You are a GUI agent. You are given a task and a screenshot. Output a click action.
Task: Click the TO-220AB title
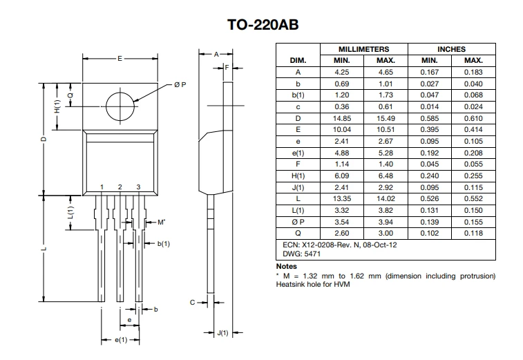pyautogui.click(x=263, y=25)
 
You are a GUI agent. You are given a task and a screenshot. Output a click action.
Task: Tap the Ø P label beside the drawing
pyautogui.click(x=180, y=85)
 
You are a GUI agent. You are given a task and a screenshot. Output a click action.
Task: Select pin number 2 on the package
pyautogui.click(x=120, y=187)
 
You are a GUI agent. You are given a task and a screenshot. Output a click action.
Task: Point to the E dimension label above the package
pyautogui.click(x=120, y=59)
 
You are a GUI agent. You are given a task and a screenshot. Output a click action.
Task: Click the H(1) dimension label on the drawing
pyautogui.click(x=57, y=106)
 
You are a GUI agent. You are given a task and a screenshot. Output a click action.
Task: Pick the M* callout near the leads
pyautogui.click(x=162, y=222)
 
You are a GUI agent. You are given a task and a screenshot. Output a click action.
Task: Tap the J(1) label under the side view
pyautogui.click(x=222, y=332)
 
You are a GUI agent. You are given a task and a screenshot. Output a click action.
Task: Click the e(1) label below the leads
pyautogui.click(x=121, y=340)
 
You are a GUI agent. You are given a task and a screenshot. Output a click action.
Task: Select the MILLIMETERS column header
pyautogui.click(x=364, y=49)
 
